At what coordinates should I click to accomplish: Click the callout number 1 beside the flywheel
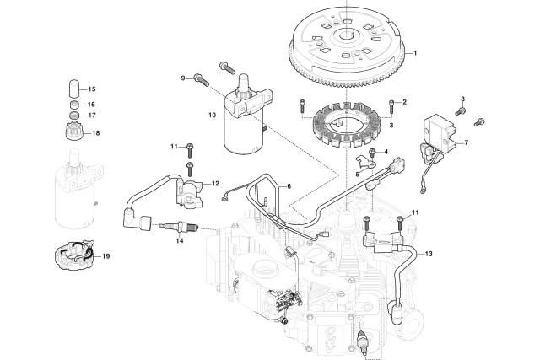pyautogui.click(x=415, y=53)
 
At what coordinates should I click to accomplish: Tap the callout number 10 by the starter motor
pyautogui.click(x=212, y=115)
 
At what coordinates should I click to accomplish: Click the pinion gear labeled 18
pyautogui.click(x=73, y=132)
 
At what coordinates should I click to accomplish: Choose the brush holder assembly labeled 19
pyautogui.click(x=73, y=255)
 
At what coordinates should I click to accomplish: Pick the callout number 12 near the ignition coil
pyautogui.click(x=215, y=184)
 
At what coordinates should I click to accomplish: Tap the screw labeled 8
pyautogui.click(x=461, y=111)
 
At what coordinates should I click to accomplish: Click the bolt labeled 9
pyautogui.click(x=202, y=80)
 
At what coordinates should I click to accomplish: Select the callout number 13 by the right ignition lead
pyautogui.click(x=429, y=254)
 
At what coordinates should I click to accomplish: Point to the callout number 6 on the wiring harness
pyautogui.click(x=289, y=186)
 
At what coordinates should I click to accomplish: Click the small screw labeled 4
pyautogui.click(x=372, y=153)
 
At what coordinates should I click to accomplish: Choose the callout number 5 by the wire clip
pyautogui.click(x=358, y=175)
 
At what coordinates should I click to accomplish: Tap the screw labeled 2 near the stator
pyautogui.click(x=391, y=106)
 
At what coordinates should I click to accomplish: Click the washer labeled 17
pyautogui.click(x=73, y=115)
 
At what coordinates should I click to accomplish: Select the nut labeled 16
pyautogui.click(x=73, y=105)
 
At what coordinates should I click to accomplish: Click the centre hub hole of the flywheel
pyautogui.click(x=345, y=34)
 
